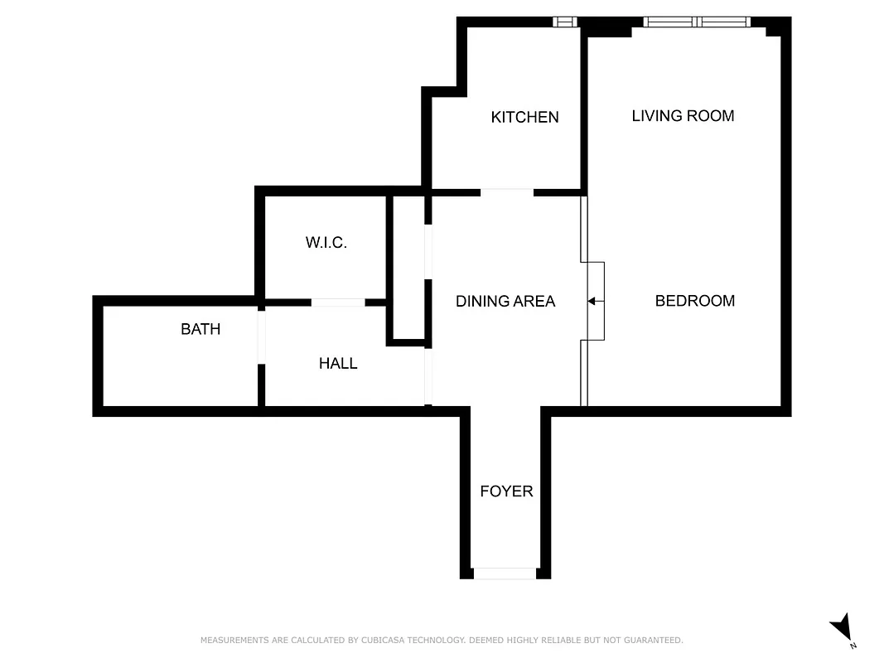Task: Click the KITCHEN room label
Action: click(x=524, y=117)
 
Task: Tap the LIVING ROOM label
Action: click(x=683, y=115)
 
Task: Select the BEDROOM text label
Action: click(x=694, y=300)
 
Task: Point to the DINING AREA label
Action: click(x=505, y=301)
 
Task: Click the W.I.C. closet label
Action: click(x=326, y=243)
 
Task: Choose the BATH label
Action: click(x=200, y=329)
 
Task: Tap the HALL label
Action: click(x=338, y=363)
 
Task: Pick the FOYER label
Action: click(x=506, y=491)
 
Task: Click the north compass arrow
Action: click(x=842, y=627)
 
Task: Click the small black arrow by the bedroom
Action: click(x=592, y=301)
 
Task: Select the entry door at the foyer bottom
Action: click(x=505, y=573)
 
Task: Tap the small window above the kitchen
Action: click(x=564, y=22)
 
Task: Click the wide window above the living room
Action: click(x=697, y=22)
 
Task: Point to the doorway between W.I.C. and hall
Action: click(x=337, y=302)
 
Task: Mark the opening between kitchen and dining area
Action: click(x=507, y=192)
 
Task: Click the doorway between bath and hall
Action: click(x=261, y=336)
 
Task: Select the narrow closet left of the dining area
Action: click(x=407, y=268)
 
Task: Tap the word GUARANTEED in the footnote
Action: click(x=654, y=640)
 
